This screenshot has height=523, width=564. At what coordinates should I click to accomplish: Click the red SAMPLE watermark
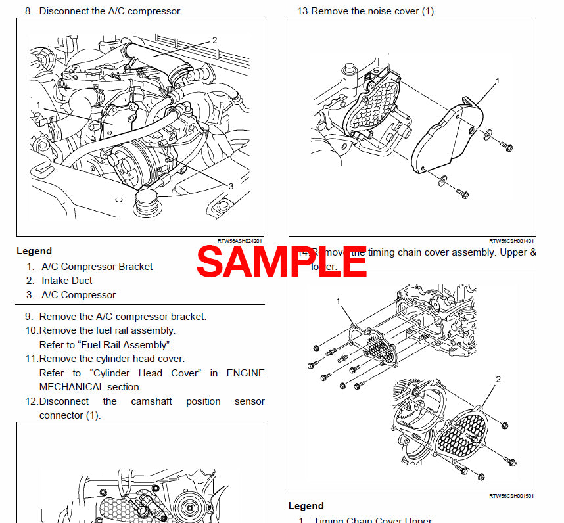click(x=281, y=261)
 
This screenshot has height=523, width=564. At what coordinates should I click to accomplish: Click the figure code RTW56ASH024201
click(x=240, y=241)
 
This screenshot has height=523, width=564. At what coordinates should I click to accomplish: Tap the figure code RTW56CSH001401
click(x=511, y=241)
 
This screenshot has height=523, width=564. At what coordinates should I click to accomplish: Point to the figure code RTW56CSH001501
click(x=511, y=496)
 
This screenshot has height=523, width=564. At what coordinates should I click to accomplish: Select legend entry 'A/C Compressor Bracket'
click(x=97, y=267)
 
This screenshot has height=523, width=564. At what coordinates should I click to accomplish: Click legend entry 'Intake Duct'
click(x=66, y=281)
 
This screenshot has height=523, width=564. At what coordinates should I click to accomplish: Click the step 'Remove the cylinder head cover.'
click(x=111, y=359)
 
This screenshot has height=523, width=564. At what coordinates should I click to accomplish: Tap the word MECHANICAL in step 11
click(x=72, y=387)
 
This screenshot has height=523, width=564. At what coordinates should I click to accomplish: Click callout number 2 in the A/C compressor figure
click(x=214, y=40)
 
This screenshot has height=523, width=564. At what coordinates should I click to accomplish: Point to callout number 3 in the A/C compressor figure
click(x=231, y=187)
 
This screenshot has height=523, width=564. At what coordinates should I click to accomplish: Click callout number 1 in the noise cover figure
click(x=497, y=80)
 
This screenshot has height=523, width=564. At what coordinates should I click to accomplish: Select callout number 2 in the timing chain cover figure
click(x=498, y=379)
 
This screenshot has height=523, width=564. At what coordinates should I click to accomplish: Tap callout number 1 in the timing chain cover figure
click(x=339, y=301)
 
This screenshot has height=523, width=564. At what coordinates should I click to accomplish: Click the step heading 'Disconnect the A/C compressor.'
click(x=110, y=11)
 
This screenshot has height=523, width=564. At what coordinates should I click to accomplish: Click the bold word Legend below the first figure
click(x=34, y=251)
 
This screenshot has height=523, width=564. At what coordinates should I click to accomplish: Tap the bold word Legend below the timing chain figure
click(x=306, y=506)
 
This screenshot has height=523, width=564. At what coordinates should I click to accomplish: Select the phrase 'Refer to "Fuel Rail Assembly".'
click(x=106, y=344)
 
